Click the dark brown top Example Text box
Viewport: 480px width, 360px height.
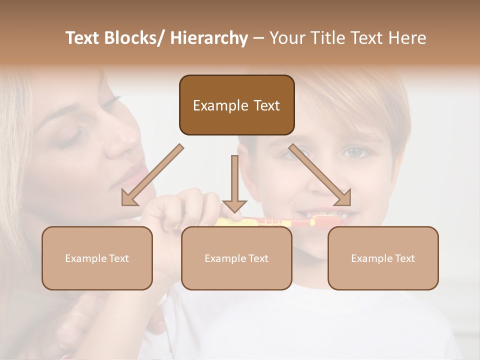[x=236, y=105]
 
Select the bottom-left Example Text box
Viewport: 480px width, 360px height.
[x=97, y=258]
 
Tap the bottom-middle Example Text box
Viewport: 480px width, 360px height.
[x=236, y=258]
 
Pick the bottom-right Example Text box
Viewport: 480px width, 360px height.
[x=383, y=258]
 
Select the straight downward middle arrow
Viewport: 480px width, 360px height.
[x=234, y=185]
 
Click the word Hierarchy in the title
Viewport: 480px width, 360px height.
[x=209, y=38]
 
